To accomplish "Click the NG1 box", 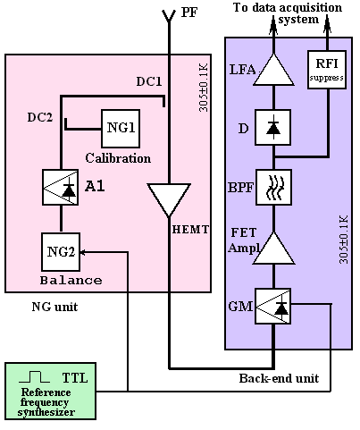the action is (121, 129).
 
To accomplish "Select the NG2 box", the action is (61, 252).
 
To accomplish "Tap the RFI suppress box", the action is (327, 70).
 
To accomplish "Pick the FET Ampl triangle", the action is (273, 249).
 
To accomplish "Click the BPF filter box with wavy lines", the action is (273, 187).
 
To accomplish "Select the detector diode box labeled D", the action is (273, 128).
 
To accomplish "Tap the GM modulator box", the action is (273, 306).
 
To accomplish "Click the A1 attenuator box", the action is (61, 188).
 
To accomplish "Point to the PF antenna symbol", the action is (169, 16).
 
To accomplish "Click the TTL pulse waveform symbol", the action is (34, 376).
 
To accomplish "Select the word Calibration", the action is (118, 158).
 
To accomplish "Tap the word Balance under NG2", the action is (71, 280).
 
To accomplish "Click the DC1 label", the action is (149, 81).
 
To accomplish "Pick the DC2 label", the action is (40, 117).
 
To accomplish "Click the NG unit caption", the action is (54, 307).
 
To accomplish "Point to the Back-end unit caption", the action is (279, 378).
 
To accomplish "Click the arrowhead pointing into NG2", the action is (83, 252).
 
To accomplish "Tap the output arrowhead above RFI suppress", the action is (327, 25).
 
